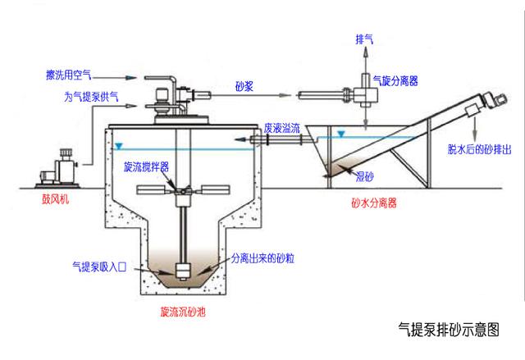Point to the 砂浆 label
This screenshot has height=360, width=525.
[x=244, y=84]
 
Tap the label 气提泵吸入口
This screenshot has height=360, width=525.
[x=99, y=266]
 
